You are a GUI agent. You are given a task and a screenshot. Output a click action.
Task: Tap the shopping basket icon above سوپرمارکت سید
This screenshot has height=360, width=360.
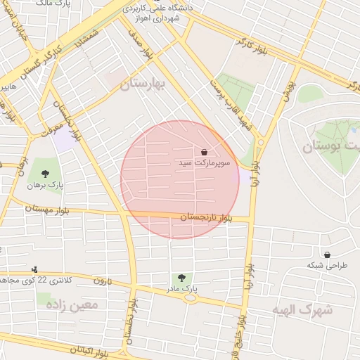pyautogui.click(x=204, y=151)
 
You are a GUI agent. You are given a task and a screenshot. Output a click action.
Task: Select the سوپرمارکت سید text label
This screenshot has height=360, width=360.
pyautogui.click(x=203, y=163)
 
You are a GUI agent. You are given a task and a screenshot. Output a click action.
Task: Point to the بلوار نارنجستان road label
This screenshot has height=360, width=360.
pyautogui.click(x=205, y=217)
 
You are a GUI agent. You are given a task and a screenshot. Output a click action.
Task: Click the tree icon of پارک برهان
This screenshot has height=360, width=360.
pyautogui.click(x=46, y=174)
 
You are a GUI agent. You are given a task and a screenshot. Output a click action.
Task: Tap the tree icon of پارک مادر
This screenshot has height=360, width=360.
pyautogui.click(x=182, y=278)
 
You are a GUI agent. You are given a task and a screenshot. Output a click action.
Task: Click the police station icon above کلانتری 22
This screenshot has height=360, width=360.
pyautogui.click(x=34, y=269)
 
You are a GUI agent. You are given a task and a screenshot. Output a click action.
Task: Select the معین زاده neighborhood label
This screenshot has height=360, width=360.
pyautogui.click(x=71, y=304)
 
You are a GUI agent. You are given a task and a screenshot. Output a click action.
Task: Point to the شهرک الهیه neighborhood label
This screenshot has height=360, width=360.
pyautogui.click(x=305, y=309)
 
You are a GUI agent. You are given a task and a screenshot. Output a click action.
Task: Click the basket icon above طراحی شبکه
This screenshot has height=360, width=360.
pyautogui.click(x=327, y=255)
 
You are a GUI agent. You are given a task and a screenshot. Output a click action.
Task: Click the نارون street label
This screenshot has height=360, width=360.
pyautogui.click(x=103, y=281)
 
